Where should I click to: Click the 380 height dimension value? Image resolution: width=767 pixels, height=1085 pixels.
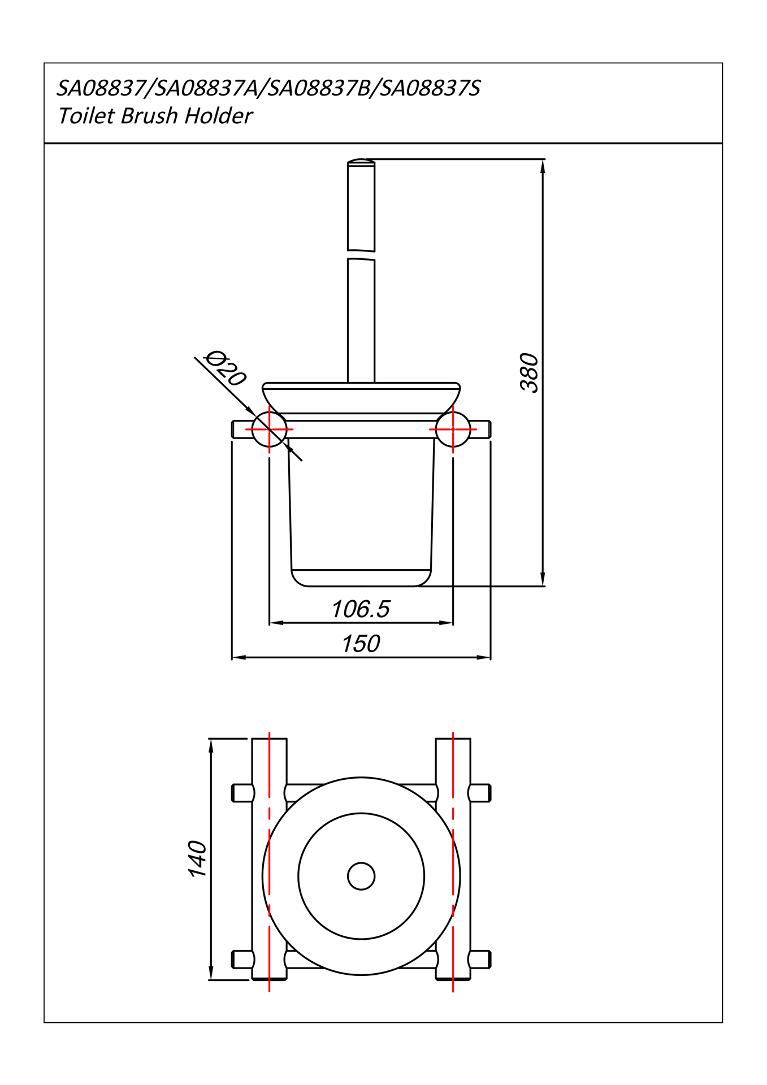click(x=530, y=372)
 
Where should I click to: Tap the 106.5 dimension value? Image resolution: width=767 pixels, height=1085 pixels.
click(x=361, y=609)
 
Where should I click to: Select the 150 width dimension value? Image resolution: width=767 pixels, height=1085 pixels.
click(x=361, y=644)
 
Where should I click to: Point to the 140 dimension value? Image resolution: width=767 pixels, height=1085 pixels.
click(x=198, y=858)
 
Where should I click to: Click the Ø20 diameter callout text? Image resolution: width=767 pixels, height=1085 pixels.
click(x=225, y=368)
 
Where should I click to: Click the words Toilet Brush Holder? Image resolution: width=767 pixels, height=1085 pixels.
click(x=155, y=116)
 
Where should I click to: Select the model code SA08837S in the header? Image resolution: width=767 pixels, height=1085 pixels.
click(x=430, y=88)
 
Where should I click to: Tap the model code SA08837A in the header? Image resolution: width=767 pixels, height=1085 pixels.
click(x=205, y=88)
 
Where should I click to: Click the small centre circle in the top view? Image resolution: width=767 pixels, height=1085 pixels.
click(x=361, y=876)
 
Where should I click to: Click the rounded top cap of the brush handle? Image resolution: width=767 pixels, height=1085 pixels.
click(x=361, y=162)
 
